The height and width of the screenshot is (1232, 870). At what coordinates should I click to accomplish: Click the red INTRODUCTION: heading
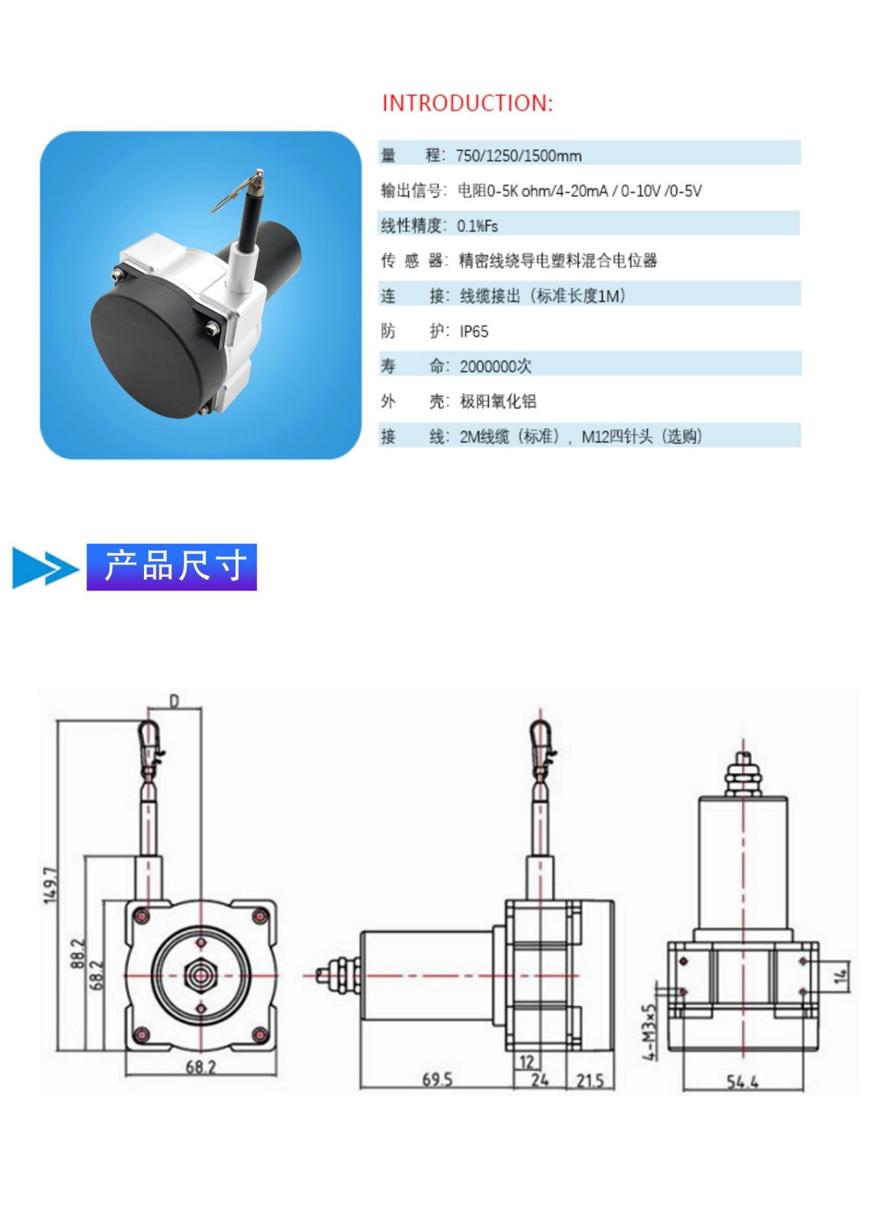(x=467, y=103)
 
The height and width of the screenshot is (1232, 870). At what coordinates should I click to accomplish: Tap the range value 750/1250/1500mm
(x=519, y=156)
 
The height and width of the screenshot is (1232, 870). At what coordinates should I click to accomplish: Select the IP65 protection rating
(x=474, y=332)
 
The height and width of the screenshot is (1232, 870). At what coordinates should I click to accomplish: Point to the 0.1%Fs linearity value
(x=477, y=226)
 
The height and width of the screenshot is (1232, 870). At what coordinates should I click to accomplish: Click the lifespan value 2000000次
(x=496, y=367)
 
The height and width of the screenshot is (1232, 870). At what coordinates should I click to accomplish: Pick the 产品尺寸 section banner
(x=172, y=567)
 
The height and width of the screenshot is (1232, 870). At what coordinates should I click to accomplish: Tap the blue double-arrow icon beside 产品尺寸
(x=45, y=568)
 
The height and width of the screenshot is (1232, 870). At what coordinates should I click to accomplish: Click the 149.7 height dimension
(x=50, y=885)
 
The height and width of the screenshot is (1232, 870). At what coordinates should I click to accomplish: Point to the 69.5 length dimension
(x=437, y=1079)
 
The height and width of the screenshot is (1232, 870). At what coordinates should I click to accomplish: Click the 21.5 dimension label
(x=590, y=1080)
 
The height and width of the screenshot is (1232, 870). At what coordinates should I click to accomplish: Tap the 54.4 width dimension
(x=742, y=1082)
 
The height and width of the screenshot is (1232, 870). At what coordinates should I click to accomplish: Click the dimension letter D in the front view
(x=174, y=701)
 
